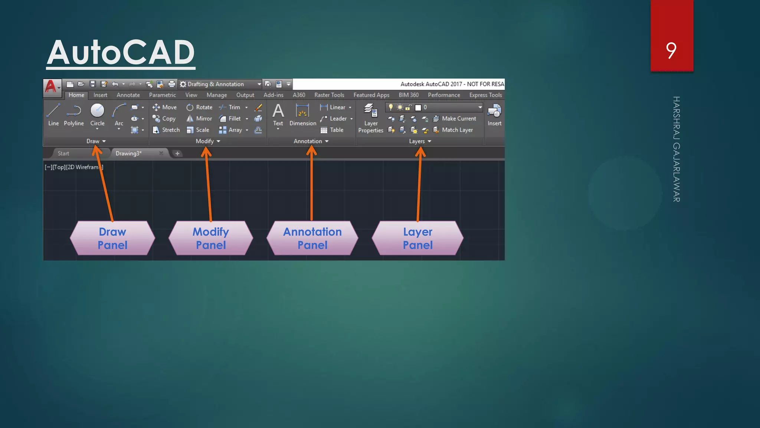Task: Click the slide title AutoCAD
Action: click(121, 52)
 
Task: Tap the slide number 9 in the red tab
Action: click(671, 51)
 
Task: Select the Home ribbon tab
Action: click(76, 95)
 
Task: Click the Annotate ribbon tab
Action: click(128, 95)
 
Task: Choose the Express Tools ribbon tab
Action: click(485, 95)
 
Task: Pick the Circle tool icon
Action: click(97, 110)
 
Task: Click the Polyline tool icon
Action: click(74, 110)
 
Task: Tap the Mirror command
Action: click(199, 119)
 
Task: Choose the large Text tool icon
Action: click(278, 111)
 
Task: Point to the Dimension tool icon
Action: click(302, 111)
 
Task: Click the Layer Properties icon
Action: click(370, 110)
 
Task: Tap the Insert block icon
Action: click(494, 110)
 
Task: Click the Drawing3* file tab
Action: click(128, 153)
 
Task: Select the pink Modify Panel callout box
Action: click(211, 238)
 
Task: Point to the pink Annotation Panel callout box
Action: click(312, 238)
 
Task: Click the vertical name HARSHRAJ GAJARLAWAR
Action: click(676, 149)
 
